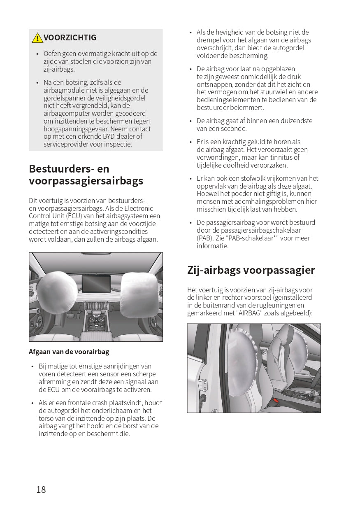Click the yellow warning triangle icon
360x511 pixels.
coord(37,38)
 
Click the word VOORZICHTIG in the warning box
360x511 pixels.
coord(70,37)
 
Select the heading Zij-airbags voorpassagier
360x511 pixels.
coord(251,270)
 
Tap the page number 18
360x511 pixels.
coord(41,490)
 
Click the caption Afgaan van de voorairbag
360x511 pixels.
coord(69,352)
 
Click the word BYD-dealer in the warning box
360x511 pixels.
coord(118,137)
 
